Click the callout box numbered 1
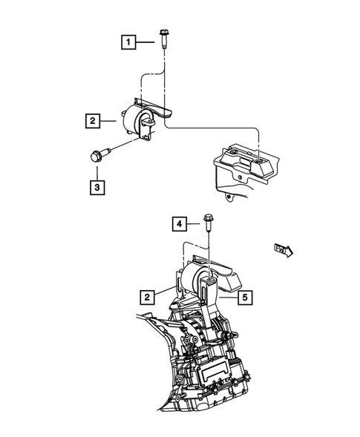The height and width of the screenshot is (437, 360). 128,42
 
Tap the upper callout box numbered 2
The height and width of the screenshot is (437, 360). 92,119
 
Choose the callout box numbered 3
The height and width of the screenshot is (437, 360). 98,187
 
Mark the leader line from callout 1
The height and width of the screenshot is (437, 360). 145,42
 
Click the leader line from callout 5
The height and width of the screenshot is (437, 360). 228,297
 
